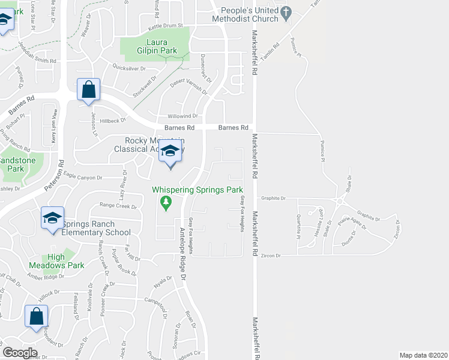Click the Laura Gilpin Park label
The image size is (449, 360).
point(154,46)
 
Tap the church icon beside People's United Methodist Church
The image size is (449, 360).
point(286,10)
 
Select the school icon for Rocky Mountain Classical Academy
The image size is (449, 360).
point(170,152)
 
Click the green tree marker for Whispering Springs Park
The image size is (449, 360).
point(166,203)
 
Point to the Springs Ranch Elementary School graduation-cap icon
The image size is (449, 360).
point(52,217)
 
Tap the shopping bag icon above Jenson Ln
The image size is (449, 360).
point(89,90)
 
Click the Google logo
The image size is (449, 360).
point(20,353)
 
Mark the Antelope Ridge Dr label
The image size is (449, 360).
point(182,253)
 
